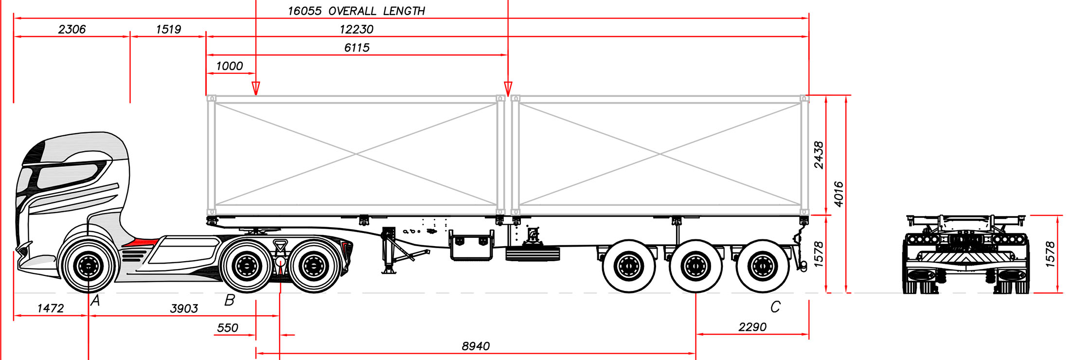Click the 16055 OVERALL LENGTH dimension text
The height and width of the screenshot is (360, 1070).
(356, 11)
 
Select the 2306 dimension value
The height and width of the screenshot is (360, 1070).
(72, 29)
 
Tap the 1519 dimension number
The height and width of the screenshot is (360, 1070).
(168, 29)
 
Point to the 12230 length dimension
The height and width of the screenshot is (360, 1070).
(357, 29)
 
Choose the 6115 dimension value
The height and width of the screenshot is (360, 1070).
(357, 48)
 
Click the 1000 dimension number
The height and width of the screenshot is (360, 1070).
(229, 66)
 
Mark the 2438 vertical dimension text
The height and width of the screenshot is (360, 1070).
(819, 155)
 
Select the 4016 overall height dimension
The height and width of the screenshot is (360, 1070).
(838, 194)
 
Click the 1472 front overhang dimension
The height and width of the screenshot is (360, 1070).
(51, 308)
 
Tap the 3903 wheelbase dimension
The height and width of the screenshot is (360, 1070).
(184, 308)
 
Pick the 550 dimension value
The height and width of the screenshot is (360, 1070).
(228, 328)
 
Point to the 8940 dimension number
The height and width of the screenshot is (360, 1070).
(476, 346)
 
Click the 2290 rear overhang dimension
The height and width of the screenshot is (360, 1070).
(752, 327)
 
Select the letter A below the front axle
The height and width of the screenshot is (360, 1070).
(95, 301)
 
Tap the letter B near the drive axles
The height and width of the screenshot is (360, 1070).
(230, 300)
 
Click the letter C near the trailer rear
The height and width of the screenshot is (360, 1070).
(775, 307)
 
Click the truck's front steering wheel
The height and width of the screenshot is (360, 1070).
(88, 266)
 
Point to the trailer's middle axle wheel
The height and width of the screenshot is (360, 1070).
(695, 266)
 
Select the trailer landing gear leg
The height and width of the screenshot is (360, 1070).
(389, 251)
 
